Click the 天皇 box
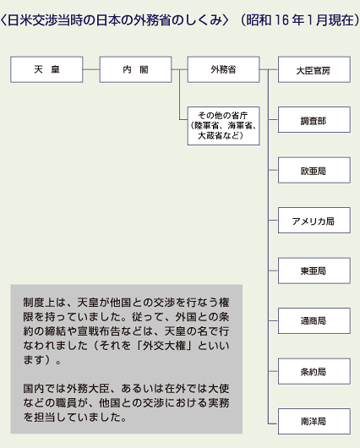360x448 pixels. click(x=46, y=69)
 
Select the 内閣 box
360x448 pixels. click(x=135, y=69)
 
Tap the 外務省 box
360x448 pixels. click(x=223, y=69)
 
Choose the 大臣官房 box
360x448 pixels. click(x=314, y=69)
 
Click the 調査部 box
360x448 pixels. click(x=314, y=120)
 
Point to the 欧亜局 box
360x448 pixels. click(x=314, y=170)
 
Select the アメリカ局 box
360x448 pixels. click(x=314, y=221)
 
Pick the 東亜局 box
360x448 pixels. click(x=314, y=270)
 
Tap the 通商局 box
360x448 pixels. click(x=314, y=321)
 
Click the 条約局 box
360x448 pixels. click(x=314, y=371)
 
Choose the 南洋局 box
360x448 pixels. click(x=314, y=422)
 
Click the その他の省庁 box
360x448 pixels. click(x=223, y=126)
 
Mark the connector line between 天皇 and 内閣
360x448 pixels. click(x=91, y=69)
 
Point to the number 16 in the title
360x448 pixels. click(x=281, y=20)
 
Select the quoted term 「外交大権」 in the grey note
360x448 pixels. click(x=164, y=346)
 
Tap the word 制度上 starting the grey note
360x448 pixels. click(x=39, y=303)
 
